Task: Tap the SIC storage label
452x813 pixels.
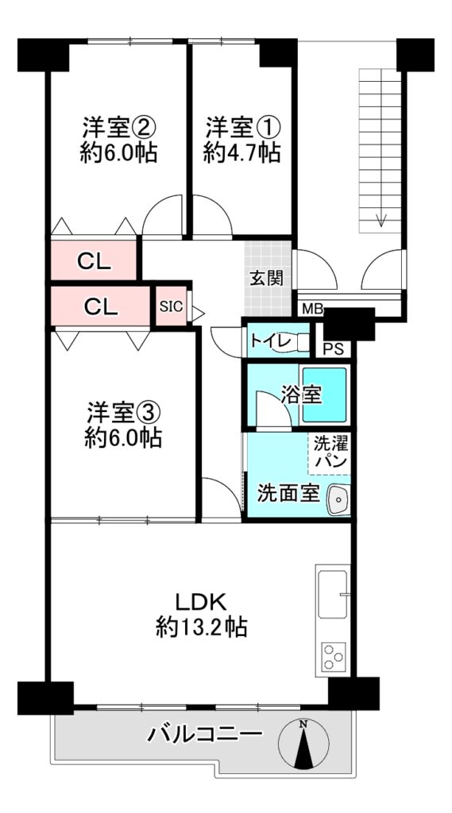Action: (172, 306)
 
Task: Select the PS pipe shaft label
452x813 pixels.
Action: (333, 349)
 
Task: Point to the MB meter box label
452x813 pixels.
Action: (313, 310)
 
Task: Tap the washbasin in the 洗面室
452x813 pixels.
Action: (338, 500)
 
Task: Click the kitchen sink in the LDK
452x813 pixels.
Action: (333, 594)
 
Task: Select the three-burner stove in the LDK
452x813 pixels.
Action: (333, 656)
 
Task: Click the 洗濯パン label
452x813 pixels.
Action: (330, 453)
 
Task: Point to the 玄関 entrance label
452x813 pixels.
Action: (267, 279)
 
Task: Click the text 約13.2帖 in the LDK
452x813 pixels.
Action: (201, 628)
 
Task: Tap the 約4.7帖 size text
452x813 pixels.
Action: (241, 153)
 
